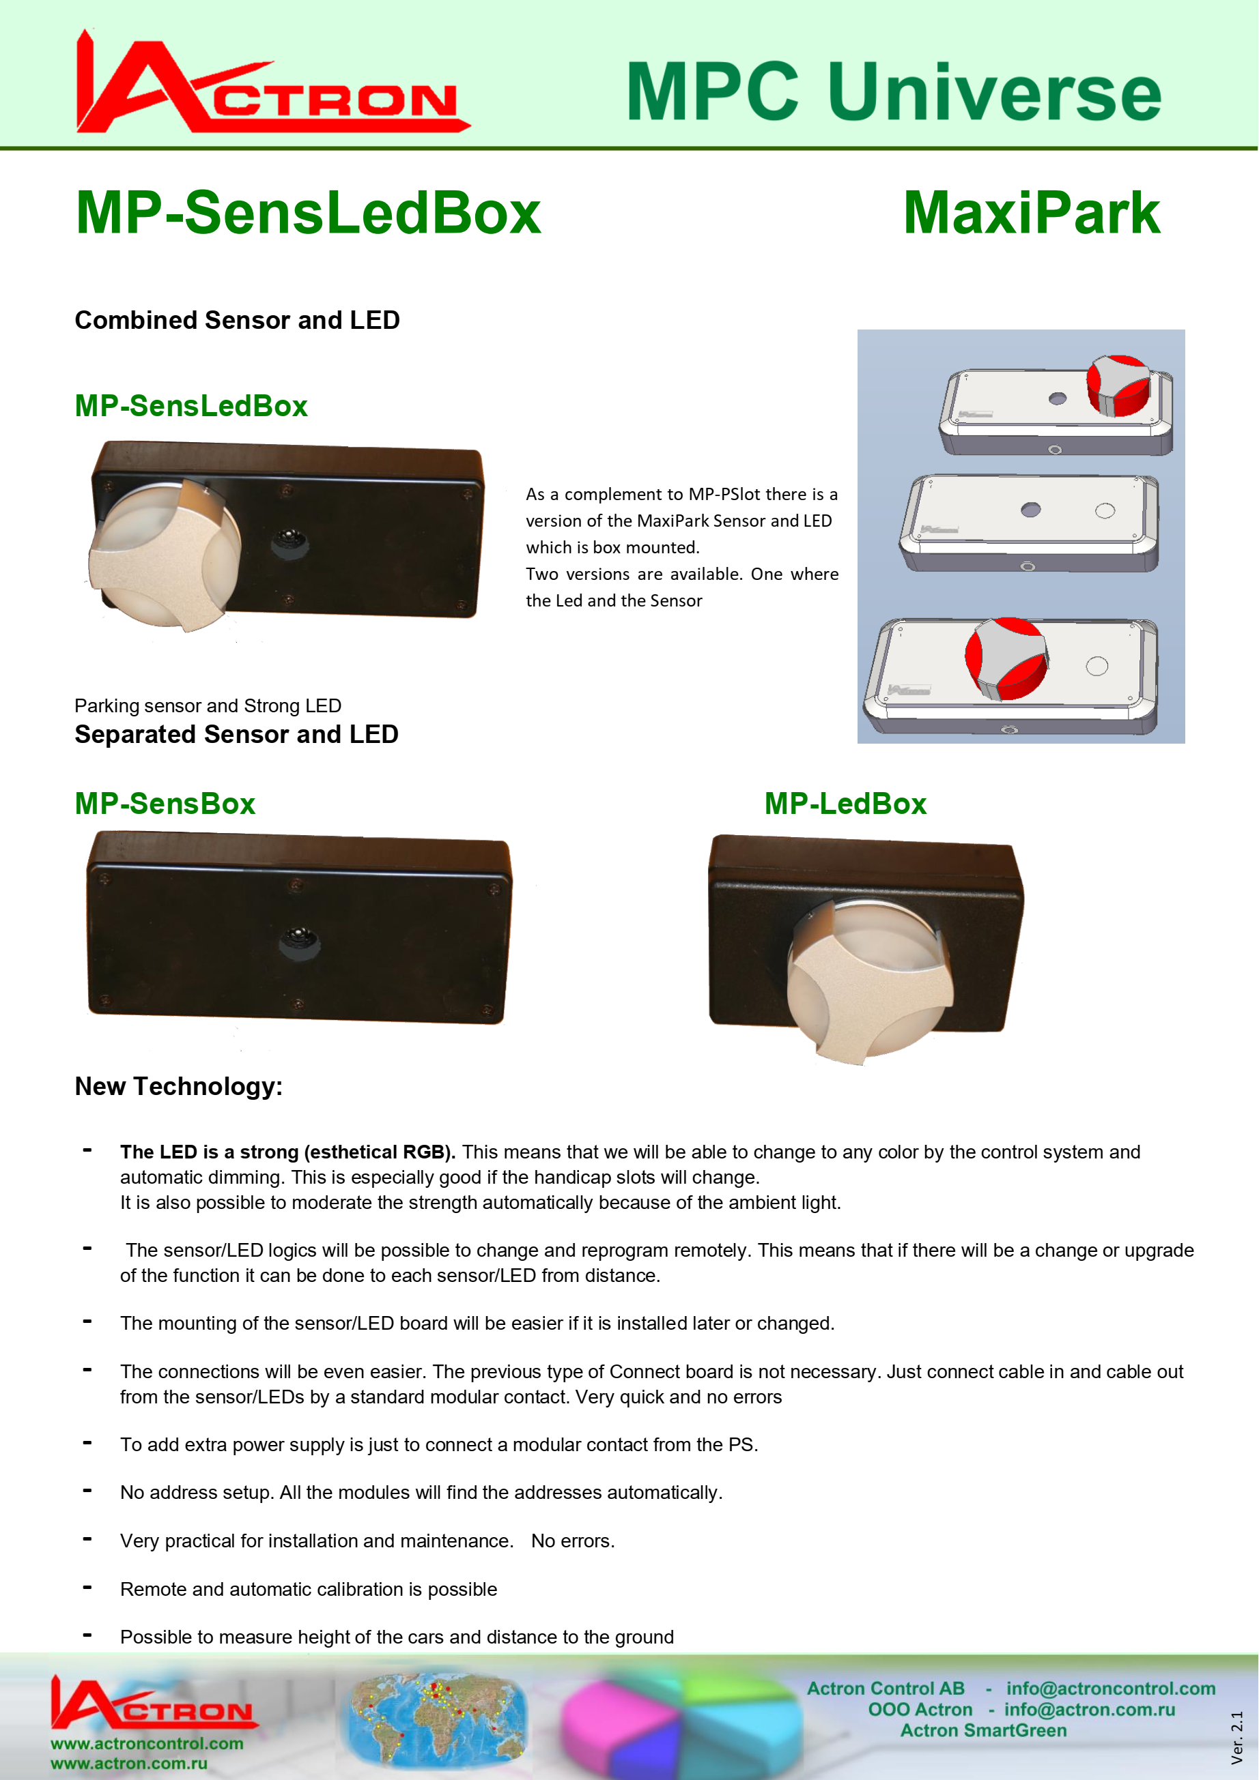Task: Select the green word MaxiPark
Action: (1031, 213)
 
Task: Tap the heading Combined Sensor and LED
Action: (237, 320)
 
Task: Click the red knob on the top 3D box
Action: (1118, 385)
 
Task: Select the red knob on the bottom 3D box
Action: (1006, 658)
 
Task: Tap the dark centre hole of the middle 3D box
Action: (1030, 510)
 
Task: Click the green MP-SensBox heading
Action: (165, 804)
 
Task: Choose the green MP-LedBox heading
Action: (845, 804)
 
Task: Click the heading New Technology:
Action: (178, 1086)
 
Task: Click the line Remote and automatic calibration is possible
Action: (308, 1589)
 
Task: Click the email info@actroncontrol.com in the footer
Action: (1110, 1689)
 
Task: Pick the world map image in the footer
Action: (434, 1717)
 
